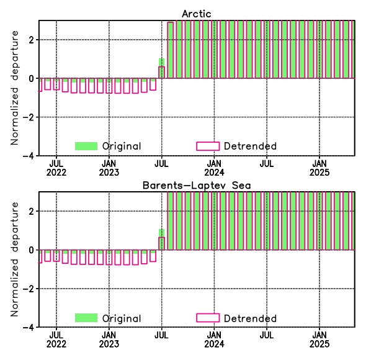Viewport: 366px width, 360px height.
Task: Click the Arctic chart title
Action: (x=197, y=14)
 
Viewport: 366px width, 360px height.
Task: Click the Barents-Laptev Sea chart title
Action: (x=197, y=186)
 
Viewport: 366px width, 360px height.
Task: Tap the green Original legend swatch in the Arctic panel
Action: (x=86, y=146)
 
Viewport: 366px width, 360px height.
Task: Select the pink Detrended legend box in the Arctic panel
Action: (x=208, y=146)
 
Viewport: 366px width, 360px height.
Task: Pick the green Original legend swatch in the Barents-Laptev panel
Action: (x=86, y=318)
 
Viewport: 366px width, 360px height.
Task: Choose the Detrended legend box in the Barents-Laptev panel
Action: (x=208, y=318)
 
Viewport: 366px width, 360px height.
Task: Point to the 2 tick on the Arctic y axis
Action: (x=31, y=40)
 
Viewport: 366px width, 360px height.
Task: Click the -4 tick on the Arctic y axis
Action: (x=29, y=156)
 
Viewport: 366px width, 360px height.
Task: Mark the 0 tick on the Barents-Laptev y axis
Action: (x=31, y=250)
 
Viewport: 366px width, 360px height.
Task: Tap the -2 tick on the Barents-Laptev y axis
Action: (x=29, y=289)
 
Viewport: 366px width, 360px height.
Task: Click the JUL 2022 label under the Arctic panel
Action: (x=56, y=168)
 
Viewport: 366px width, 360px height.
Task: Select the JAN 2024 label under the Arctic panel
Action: (x=214, y=168)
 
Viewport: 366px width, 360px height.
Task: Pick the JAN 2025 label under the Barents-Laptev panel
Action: (x=319, y=340)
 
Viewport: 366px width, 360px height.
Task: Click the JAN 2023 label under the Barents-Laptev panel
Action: (x=109, y=340)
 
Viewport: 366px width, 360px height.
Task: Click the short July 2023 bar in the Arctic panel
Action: (x=161, y=68)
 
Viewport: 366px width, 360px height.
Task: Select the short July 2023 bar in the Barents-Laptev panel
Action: (x=161, y=240)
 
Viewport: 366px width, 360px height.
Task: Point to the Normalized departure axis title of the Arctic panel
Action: (x=14, y=88)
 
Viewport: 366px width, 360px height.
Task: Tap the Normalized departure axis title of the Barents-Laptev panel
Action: (x=14, y=259)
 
